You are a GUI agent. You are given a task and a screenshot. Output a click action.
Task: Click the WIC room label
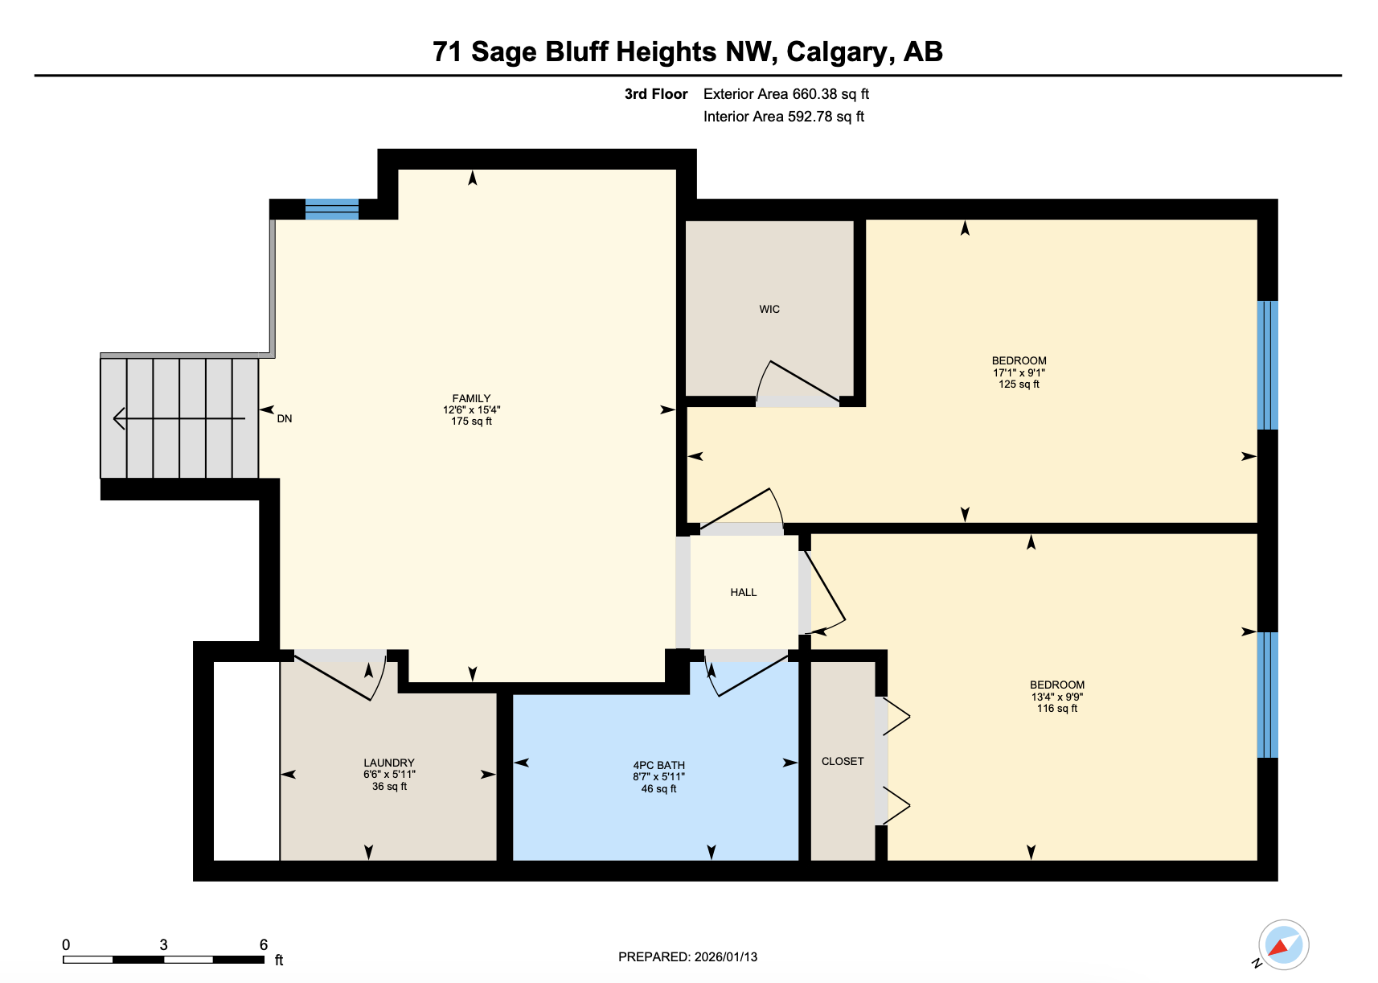tap(769, 309)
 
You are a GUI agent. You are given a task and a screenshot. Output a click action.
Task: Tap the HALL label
tap(743, 592)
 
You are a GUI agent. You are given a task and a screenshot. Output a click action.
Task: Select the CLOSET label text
tap(842, 761)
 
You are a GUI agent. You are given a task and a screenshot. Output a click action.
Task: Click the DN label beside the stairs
tap(285, 418)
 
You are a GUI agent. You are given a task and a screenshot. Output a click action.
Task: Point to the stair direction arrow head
tap(119, 418)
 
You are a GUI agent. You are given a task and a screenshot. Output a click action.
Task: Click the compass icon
tap(1283, 944)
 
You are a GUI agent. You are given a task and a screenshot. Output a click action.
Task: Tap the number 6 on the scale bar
tap(263, 944)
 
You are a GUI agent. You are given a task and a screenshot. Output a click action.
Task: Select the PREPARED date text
tap(687, 956)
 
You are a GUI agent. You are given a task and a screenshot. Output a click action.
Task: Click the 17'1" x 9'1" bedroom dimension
tap(1019, 372)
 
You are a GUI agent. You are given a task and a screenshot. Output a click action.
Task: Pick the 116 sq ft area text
tap(1056, 708)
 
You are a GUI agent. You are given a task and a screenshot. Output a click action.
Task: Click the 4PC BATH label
tap(658, 765)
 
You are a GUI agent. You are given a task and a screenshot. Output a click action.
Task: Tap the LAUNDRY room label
tap(388, 763)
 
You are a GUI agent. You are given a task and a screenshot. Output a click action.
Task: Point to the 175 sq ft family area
tap(471, 421)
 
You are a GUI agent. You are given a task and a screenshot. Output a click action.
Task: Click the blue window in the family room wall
tap(331, 209)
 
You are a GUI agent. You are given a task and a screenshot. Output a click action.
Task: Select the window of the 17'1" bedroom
tap(1267, 364)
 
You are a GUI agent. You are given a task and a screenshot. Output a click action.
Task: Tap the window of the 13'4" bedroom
tap(1267, 694)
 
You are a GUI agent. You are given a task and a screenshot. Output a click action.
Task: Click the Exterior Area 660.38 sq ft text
tap(785, 94)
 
